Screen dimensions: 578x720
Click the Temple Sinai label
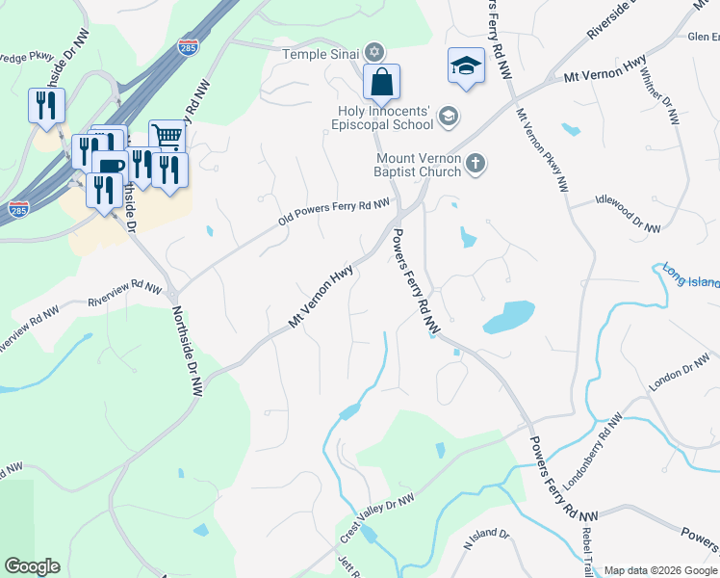(320, 54)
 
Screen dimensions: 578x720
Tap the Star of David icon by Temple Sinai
(374, 53)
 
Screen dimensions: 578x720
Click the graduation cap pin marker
(466, 67)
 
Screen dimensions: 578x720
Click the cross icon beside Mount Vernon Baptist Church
(475, 165)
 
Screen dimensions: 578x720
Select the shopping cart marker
(167, 137)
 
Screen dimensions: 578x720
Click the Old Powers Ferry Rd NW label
(334, 212)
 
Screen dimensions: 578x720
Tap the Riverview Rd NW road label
(123, 291)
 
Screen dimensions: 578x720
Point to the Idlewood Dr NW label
(628, 214)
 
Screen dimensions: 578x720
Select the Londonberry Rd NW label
(592, 441)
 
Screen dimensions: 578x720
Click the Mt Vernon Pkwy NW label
(541, 150)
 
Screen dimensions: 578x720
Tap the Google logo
(32, 566)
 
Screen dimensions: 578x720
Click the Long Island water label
(689, 279)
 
